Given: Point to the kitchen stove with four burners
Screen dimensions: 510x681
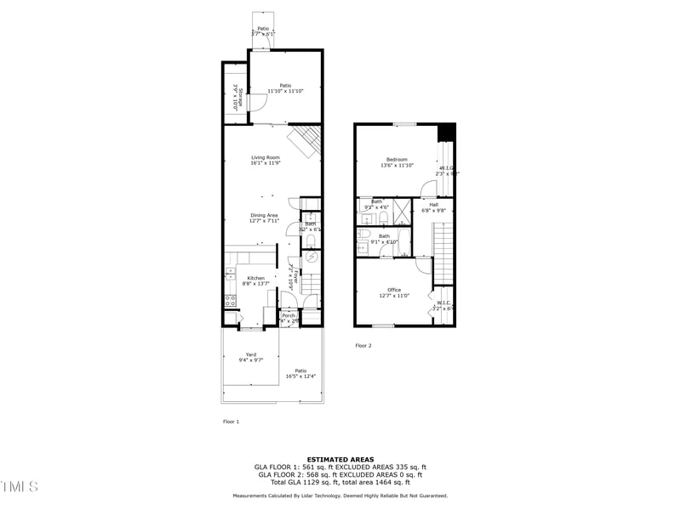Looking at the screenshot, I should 230,300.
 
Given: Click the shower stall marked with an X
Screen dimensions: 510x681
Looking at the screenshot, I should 402,208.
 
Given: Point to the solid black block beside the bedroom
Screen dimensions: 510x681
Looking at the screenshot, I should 446,133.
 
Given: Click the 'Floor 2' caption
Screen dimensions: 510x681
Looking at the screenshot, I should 363,346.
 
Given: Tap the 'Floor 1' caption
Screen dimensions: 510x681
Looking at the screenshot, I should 231,422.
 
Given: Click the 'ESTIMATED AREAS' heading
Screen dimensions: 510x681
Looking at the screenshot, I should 340,459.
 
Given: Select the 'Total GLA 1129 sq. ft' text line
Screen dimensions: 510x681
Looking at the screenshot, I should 340,483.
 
